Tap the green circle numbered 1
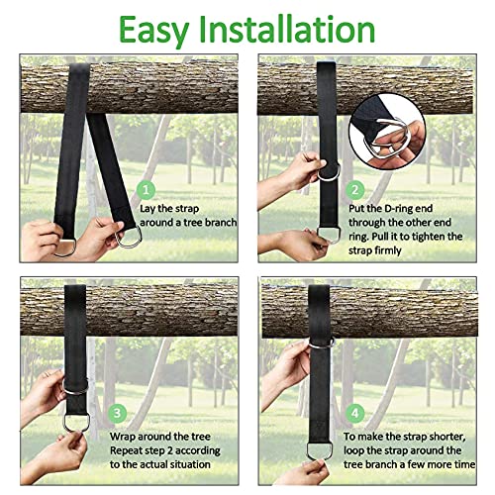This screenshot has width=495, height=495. tap(146, 188)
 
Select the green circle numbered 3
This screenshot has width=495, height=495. tap(146, 413)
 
